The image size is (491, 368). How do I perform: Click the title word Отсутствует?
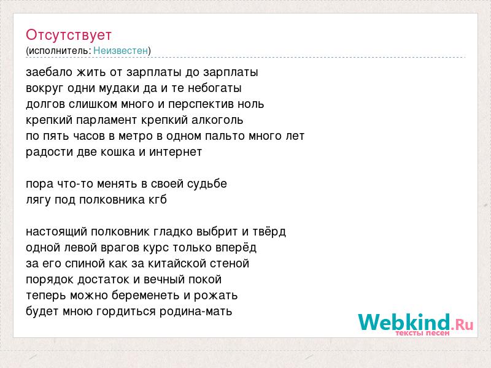[x=69, y=35]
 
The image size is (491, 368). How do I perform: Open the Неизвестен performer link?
[x=120, y=50]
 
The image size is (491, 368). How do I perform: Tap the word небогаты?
[x=214, y=88]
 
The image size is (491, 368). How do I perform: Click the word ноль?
[x=251, y=104]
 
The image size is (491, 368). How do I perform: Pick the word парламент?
[x=106, y=120]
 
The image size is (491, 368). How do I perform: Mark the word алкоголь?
[x=217, y=120]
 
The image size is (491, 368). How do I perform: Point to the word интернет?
[x=176, y=152]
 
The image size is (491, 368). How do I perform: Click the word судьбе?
[x=207, y=184]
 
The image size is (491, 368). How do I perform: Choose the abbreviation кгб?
[x=158, y=199]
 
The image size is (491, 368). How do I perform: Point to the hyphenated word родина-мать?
[x=196, y=312]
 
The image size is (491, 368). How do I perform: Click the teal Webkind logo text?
[x=404, y=322]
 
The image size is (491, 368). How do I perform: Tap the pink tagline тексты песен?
[x=422, y=333]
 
